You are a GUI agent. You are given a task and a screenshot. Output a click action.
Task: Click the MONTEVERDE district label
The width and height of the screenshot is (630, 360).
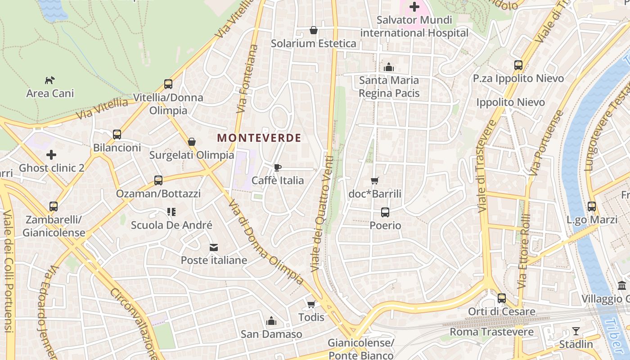tap(259, 138)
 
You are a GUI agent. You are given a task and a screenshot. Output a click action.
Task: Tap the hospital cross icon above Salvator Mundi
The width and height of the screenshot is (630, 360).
tap(414, 7)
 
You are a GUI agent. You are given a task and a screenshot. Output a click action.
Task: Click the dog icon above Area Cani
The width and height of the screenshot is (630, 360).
tap(49, 80)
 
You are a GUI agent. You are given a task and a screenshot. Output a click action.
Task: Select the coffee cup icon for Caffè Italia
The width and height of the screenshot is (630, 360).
tap(278, 167)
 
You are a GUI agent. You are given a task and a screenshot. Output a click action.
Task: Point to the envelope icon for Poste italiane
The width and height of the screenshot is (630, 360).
tap(214, 247)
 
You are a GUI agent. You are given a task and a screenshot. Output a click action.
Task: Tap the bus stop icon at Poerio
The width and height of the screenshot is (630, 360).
tap(385, 212)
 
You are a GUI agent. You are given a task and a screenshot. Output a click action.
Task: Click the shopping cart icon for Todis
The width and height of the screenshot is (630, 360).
tap(311, 304)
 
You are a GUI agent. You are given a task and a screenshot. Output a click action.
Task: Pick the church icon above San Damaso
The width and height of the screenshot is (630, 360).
tap(271, 321)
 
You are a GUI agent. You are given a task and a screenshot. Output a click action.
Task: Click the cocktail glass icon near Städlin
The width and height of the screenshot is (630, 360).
tap(576, 331)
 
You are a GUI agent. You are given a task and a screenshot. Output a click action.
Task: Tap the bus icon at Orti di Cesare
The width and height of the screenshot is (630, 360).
tap(502, 298)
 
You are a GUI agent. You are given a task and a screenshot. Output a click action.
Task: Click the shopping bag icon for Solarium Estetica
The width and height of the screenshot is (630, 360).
tap(314, 30)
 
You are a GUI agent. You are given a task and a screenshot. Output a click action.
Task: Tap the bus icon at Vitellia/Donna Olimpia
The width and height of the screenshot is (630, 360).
tap(168, 84)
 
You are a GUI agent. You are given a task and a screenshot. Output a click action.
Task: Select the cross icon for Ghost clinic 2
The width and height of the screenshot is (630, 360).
tap(51, 155)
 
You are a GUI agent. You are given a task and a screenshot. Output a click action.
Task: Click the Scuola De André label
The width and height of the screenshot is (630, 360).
tap(171, 225)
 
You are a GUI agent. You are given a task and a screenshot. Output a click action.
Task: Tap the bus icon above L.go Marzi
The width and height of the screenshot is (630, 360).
tap(592, 207)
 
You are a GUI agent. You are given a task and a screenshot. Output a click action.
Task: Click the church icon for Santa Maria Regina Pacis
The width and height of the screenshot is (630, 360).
tap(389, 67)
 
